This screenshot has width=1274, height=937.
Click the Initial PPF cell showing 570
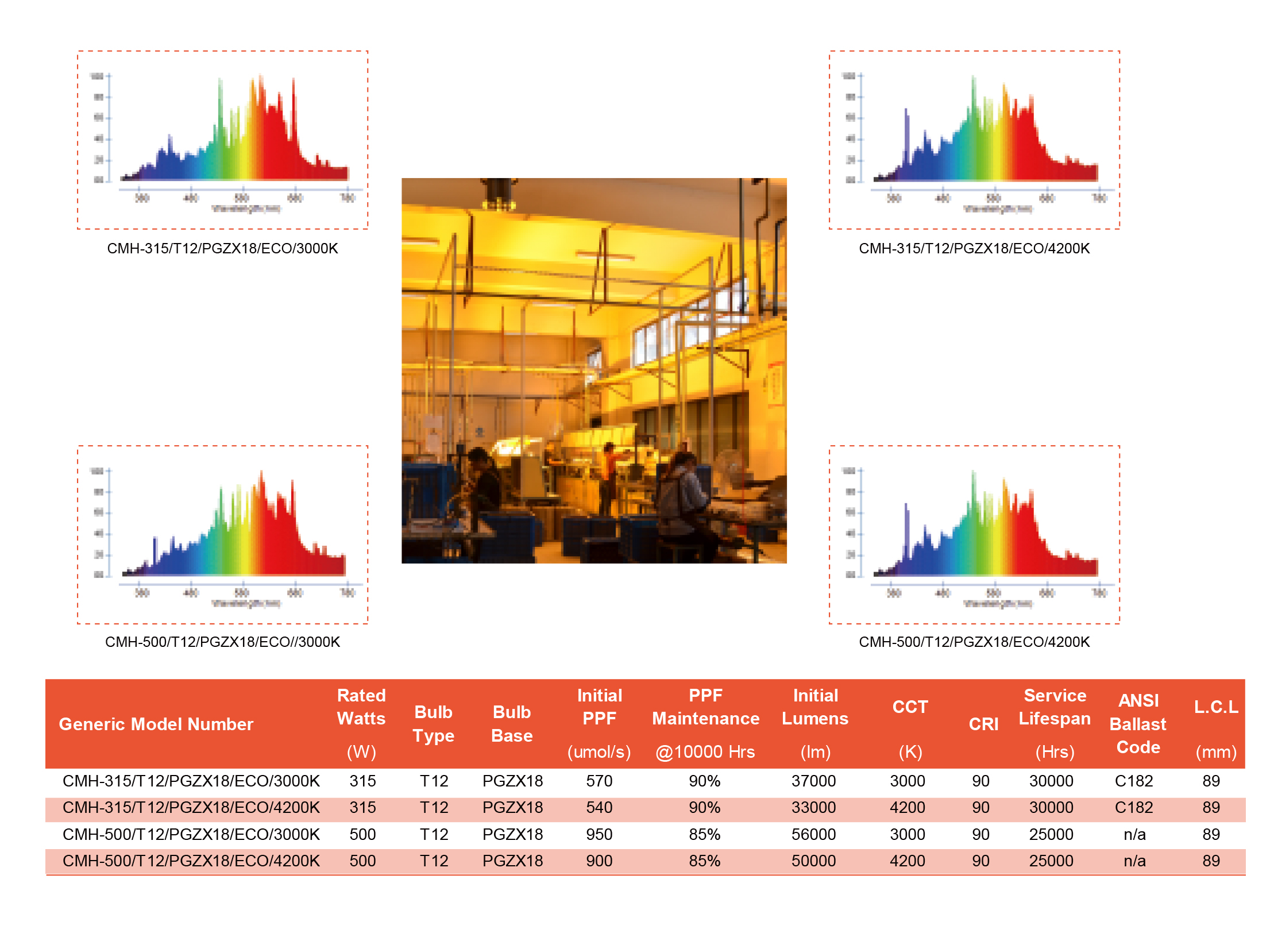(599, 781)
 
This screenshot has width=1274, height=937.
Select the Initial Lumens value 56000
(813, 834)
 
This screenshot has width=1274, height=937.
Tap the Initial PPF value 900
(599, 861)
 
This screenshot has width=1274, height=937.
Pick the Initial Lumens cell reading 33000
(813, 807)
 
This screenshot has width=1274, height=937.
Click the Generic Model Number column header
(156, 724)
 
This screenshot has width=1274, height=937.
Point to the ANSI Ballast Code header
(1137, 724)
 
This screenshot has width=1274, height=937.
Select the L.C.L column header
(1215, 707)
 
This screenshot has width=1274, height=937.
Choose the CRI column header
(983, 724)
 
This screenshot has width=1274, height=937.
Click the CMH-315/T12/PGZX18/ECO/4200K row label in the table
(191, 807)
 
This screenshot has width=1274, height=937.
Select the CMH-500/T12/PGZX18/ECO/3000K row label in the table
(191, 834)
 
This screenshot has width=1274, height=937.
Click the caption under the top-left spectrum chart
(222, 248)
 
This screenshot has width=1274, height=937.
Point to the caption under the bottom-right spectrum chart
(974, 642)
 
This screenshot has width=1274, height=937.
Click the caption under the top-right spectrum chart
(974, 248)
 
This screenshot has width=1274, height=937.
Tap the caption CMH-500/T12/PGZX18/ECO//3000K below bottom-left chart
(222, 642)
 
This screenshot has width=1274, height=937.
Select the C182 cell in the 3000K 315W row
(1133, 781)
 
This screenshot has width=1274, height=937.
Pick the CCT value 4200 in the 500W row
(907, 861)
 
